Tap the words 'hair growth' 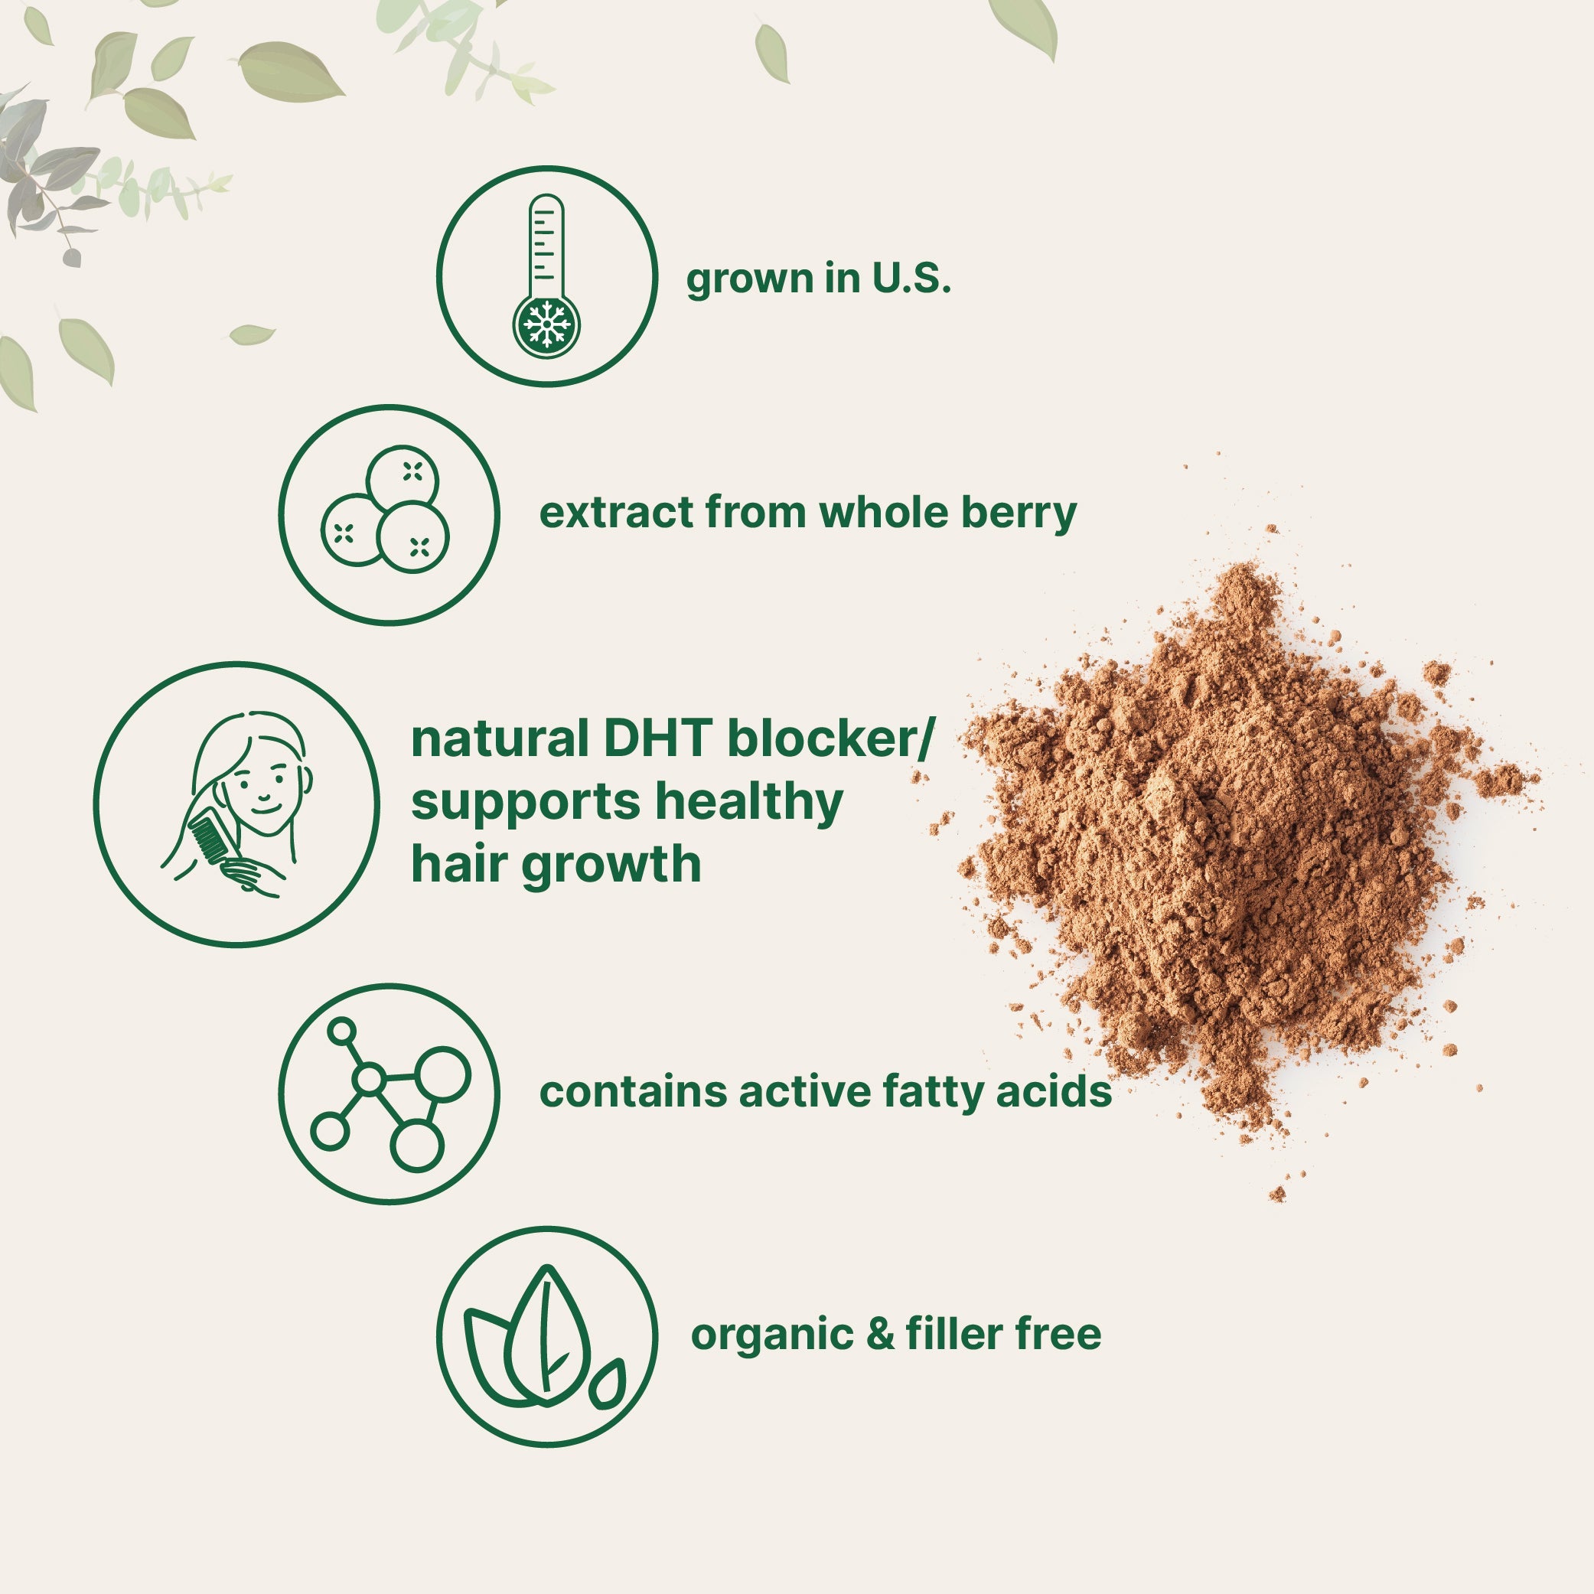tap(556, 864)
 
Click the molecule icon tap(389, 1094)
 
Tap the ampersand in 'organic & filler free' tap(880, 1333)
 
